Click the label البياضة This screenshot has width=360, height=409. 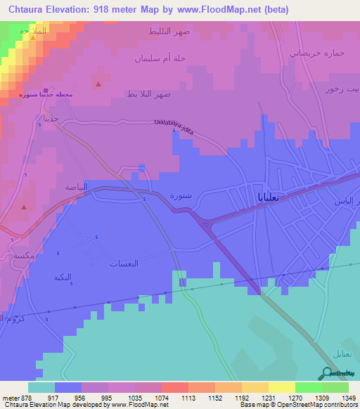click(x=76, y=187)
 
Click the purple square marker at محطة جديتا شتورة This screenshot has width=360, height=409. click(x=46, y=91)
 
